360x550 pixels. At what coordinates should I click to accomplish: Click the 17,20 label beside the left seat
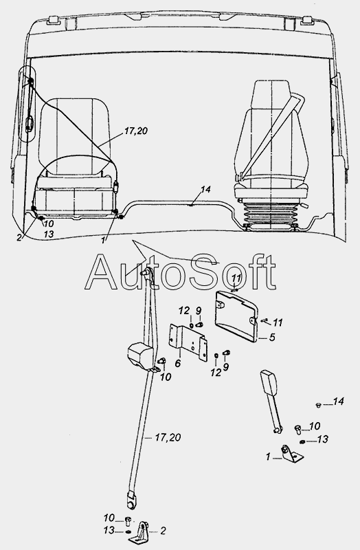[x=135, y=131]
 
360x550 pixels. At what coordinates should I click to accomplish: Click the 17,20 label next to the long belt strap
[x=168, y=437]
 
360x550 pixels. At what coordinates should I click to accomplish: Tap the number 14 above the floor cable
[x=206, y=190]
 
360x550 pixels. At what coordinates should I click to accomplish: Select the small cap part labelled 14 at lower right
[x=318, y=405]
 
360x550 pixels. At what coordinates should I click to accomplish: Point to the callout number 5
[x=272, y=338]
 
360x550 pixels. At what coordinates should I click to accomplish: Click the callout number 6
[x=178, y=364]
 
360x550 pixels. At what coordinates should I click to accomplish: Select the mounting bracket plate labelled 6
[x=188, y=342]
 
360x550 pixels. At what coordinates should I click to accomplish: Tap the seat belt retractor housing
[x=140, y=356]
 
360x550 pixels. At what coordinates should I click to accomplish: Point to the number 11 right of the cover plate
[x=278, y=322]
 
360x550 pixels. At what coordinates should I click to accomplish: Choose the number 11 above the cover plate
[x=236, y=278]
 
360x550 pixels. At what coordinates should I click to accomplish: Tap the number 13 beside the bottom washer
[x=109, y=530]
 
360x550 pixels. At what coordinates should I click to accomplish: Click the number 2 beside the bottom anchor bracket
[x=163, y=531]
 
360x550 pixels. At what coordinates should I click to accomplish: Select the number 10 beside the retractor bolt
[x=166, y=377]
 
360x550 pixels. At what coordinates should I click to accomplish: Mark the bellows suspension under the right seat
[x=270, y=214]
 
